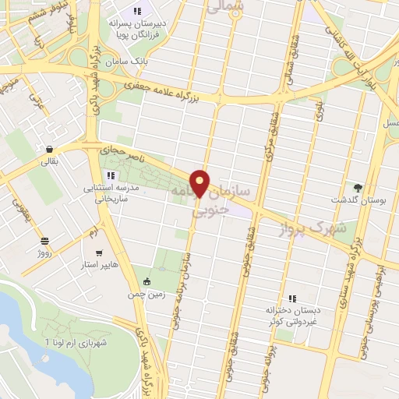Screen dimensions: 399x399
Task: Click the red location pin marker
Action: pyautogui.click(x=201, y=183)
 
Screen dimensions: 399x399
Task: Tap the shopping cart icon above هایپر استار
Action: pyautogui.click(x=98, y=252)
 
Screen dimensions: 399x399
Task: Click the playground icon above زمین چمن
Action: pyautogui.click(x=147, y=281)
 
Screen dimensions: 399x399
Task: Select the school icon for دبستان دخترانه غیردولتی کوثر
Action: pyautogui.click(x=292, y=298)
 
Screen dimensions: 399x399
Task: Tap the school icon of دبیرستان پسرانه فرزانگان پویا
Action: pyautogui.click(x=138, y=12)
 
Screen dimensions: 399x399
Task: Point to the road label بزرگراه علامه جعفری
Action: pyautogui.click(x=183, y=89)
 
